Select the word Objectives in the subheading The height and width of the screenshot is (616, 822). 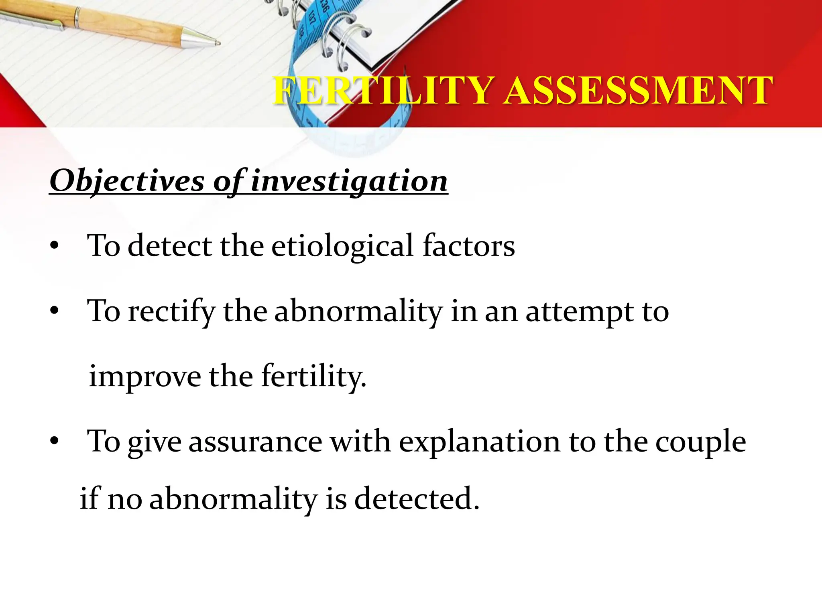tap(127, 181)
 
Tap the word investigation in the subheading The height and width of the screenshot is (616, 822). tap(349, 181)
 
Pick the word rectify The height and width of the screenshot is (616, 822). tap(172, 311)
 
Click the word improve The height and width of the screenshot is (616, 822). tap(145, 377)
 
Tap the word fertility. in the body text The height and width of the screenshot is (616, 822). tap(313, 377)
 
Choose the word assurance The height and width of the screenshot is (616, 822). tap(255, 442)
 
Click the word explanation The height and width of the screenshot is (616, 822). tap(479, 442)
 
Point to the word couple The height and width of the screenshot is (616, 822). tap(700, 442)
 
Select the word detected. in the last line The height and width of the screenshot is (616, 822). tap(417, 498)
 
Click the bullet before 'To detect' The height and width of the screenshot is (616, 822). tap(55, 246)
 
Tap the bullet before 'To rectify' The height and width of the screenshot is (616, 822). tap(55, 311)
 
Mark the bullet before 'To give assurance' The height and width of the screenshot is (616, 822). tap(55, 442)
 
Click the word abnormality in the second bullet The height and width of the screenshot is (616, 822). tap(358, 311)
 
